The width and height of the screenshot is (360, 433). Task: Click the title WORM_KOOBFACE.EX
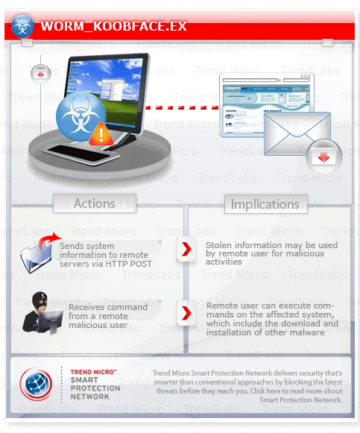coord(113,28)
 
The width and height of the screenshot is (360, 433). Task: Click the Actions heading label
coord(94,203)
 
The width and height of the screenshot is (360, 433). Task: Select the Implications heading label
coord(265,203)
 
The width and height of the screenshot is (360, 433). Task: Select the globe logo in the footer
coord(36,384)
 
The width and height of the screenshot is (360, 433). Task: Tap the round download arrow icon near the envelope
coord(323,157)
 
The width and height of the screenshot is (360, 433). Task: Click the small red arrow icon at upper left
coord(38,74)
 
